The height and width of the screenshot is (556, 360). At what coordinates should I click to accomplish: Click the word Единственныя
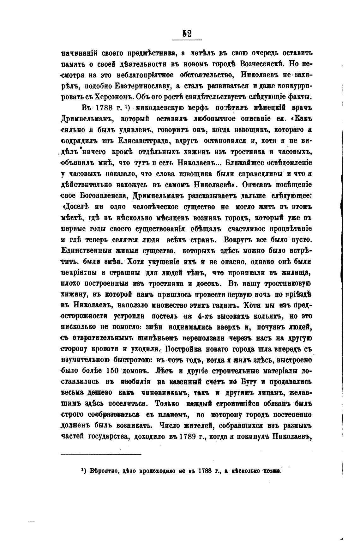83,251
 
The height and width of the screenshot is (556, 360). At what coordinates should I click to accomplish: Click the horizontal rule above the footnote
101,455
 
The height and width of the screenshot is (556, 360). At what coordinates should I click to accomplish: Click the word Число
173,426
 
